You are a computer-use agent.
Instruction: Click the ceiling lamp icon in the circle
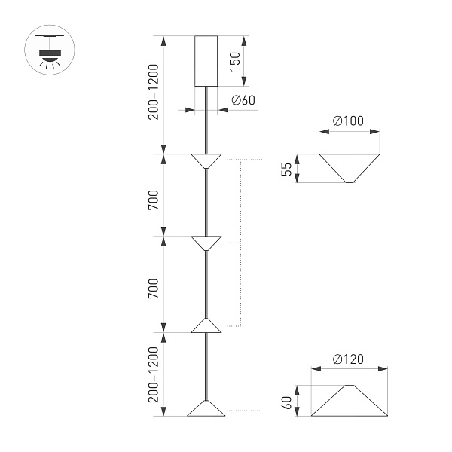coord(50,50)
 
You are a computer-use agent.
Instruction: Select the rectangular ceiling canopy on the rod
coord(206,61)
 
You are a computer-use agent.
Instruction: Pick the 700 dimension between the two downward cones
coord(154,200)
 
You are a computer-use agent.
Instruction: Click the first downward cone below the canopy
coord(206,160)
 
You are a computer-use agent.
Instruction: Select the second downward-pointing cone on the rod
coord(206,243)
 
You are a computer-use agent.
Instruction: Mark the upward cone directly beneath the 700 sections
coord(206,325)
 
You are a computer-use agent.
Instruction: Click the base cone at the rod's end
coord(206,408)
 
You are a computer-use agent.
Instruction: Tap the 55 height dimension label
coord(287,169)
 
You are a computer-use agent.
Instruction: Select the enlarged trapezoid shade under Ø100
coord(349,168)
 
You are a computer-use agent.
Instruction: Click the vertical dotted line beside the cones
coord(240,243)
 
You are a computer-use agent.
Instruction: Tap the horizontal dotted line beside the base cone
coord(243,411)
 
